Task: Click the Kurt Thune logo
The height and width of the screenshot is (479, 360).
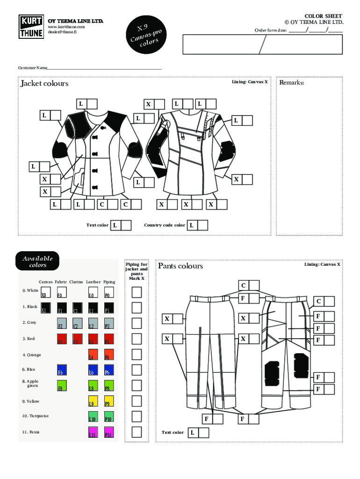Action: pyautogui.click(x=31, y=27)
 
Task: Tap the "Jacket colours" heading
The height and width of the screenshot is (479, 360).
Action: pyautogui.click(x=44, y=83)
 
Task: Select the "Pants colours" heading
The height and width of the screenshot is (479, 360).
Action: pyautogui.click(x=180, y=266)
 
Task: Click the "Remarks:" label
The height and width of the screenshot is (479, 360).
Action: pyautogui.click(x=292, y=83)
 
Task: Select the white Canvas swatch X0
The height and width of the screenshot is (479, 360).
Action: pyautogui.click(x=46, y=293)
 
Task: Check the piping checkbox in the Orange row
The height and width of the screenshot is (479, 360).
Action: pyautogui.click(x=137, y=354)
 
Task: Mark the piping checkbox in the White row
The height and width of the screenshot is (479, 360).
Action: pyautogui.click(x=137, y=292)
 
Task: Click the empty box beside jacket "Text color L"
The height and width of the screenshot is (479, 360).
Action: pyautogui.click(x=126, y=225)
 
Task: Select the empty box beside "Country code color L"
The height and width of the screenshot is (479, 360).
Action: pyautogui.click(x=202, y=225)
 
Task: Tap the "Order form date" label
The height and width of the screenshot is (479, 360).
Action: pyautogui.click(x=271, y=31)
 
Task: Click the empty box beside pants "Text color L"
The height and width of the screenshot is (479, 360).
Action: pyautogui.click(x=203, y=433)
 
